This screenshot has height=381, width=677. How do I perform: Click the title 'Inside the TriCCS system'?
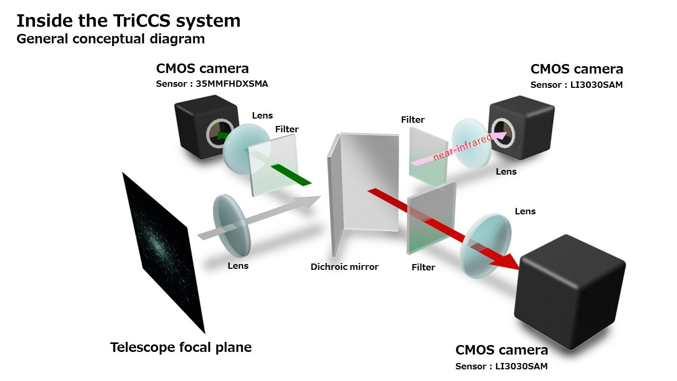[x=129, y=21]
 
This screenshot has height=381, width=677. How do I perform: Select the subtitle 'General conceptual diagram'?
[x=111, y=39]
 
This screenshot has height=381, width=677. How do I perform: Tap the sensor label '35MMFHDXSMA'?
[x=232, y=84]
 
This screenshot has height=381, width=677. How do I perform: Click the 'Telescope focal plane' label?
[x=181, y=348]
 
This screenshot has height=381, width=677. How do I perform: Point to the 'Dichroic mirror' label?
[x=344, y=267]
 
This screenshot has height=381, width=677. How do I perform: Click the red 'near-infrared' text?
[x=462, y=147]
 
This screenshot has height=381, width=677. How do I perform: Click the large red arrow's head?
[x=505, y=262]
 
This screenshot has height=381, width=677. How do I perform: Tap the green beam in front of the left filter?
[x=291, y=175]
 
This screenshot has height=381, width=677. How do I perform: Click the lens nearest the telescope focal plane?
[x=232, y=225]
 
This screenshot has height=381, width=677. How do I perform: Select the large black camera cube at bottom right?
[x=570, y=292]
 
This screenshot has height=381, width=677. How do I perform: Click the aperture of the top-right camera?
[x=502, y=133]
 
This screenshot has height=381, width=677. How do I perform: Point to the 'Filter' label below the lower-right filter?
[x=423, y=267]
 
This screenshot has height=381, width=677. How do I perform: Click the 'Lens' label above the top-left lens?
[x=262, y=115]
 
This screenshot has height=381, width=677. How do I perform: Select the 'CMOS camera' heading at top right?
[x=577, y=69]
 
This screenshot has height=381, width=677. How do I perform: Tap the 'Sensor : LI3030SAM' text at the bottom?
[x=501, y=367]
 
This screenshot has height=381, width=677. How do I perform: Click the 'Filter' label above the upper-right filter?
[x=413, y=120]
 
